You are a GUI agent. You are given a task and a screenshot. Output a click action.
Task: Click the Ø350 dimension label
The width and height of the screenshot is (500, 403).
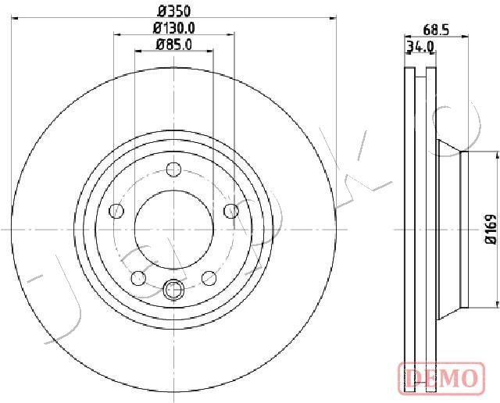pos(174,12)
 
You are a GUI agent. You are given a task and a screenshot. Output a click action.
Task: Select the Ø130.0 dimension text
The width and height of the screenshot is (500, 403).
pos(174,28)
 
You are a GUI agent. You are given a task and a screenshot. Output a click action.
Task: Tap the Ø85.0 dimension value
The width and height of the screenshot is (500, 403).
pos(174,45)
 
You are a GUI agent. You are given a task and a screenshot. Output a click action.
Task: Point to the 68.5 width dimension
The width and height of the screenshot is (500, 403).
pos(436,30)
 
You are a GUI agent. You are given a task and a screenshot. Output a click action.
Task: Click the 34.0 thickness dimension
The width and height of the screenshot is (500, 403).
pos(420,47)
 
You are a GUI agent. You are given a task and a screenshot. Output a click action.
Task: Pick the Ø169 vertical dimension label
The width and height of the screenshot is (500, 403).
pos(491,230)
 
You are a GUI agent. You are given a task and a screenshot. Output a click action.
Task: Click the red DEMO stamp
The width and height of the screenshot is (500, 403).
pos(441,379)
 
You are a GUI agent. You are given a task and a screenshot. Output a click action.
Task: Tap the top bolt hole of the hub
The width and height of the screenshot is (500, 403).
pos(174,169)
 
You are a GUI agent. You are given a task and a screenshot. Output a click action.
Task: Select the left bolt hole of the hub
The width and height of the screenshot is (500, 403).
pos(116,211)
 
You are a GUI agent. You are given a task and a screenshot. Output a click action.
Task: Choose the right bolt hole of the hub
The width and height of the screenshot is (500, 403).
pos(231,211)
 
